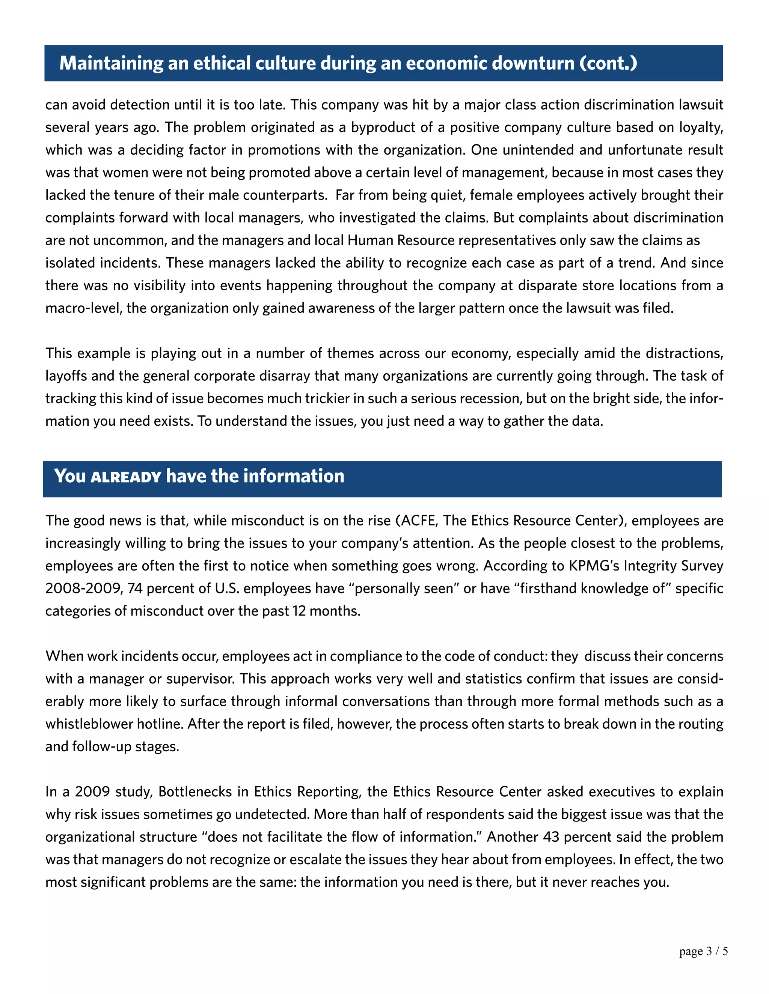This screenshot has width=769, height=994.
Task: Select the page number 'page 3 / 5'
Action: [x=703, y=951]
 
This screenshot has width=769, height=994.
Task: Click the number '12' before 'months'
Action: [x=299, y=611]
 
